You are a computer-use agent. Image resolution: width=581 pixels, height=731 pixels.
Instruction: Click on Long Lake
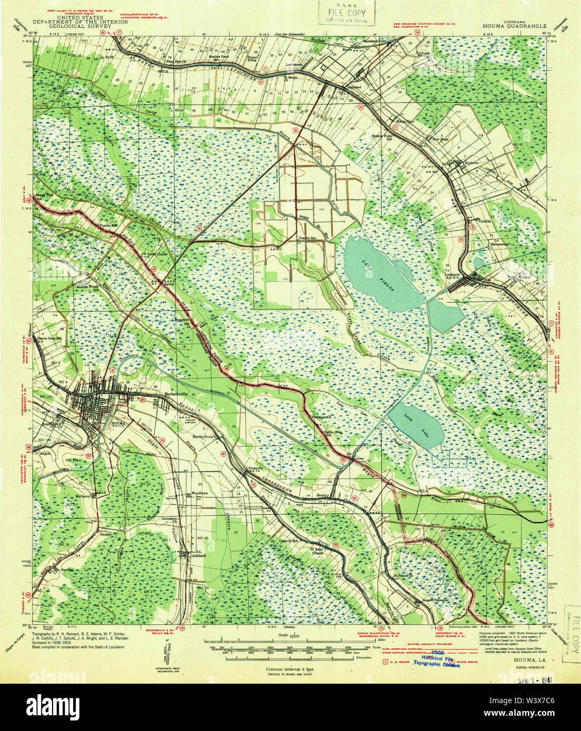[416, 424]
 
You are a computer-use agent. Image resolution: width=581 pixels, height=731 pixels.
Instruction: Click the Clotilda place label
[484, 221]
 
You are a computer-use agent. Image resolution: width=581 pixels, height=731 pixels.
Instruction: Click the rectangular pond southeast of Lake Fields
[446, 314]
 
